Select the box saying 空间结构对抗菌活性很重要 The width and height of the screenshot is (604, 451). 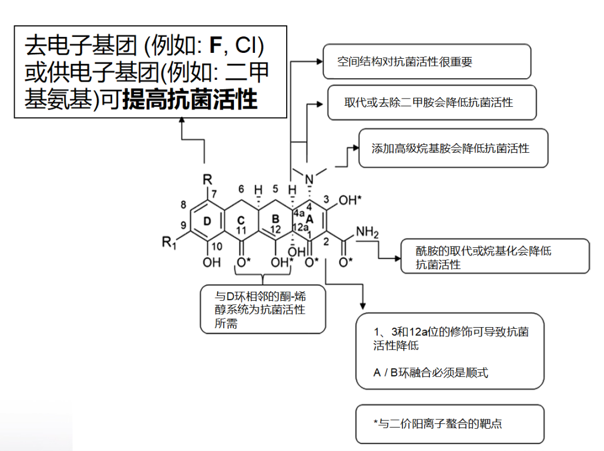click(427, 61)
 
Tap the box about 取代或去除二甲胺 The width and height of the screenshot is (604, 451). click(432, 102)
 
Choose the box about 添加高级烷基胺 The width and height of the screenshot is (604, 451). click(453, 148)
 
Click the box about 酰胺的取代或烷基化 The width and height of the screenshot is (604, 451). click(495, 257)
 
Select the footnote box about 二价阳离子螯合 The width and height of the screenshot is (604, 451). click(449, 423)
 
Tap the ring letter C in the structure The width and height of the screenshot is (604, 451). click(241, 219)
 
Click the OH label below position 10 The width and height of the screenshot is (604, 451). click(212, 262)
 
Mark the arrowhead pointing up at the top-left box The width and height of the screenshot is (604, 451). click(182, 120)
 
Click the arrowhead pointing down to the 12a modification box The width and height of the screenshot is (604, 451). click(363, 306)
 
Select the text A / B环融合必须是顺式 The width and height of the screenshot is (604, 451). click(431, 372)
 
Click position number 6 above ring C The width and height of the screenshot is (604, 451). click(241, 189)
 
